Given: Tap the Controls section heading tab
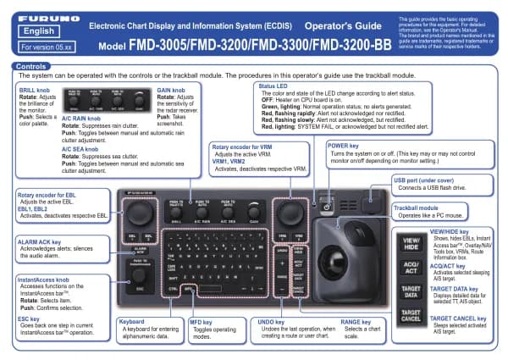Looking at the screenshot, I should (x=29, y=65).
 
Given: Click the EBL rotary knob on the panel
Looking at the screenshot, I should (x=141, y=210).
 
